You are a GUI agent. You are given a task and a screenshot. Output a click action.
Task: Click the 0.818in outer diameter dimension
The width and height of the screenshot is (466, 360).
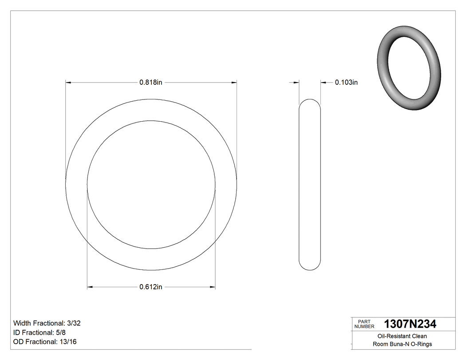(151, 82)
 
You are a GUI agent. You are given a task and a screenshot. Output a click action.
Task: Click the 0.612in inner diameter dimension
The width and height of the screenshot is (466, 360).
(151, 287)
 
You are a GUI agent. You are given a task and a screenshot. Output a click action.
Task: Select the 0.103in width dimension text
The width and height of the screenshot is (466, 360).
(346, 82)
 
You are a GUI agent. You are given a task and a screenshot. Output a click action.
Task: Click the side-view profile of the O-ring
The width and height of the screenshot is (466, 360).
(310, 184)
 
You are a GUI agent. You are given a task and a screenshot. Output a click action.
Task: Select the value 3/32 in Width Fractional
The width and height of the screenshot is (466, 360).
(73, 323)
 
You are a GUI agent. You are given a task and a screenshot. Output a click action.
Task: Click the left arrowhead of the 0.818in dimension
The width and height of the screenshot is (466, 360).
(68, 82)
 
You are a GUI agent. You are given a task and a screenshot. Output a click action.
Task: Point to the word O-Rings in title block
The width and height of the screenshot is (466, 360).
(421, 344)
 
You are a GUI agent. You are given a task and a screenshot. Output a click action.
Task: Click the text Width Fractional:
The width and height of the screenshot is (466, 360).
(39, 323)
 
